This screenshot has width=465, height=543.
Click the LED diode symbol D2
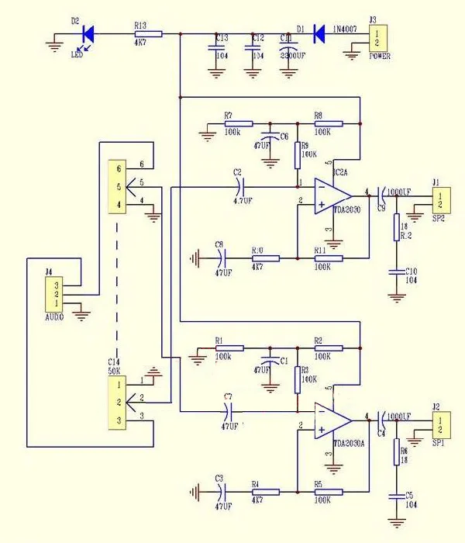87,33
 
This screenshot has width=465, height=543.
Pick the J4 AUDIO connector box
57,295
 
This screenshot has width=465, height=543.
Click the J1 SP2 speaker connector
439,199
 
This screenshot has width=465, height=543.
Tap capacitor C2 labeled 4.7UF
239,186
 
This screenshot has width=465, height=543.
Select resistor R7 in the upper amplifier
238,123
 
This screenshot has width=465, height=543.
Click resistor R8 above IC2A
328,123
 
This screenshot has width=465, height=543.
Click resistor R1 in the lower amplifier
229,348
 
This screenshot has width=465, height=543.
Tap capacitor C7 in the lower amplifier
229,411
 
